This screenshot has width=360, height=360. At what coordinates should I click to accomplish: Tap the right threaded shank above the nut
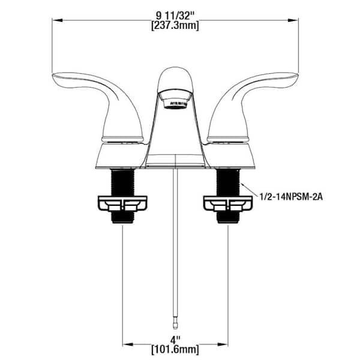click(229, 181)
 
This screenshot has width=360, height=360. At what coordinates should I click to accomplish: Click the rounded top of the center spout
click(176, 75)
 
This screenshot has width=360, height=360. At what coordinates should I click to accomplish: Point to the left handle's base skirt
click(121, 155)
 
